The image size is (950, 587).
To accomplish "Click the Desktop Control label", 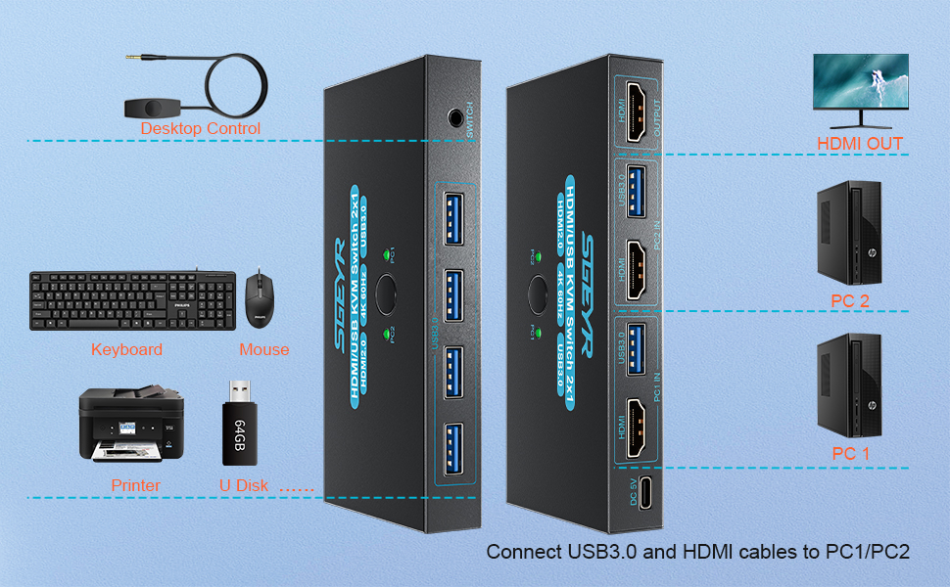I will pos(201,128).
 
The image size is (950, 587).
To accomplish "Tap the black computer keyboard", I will pos(132,300).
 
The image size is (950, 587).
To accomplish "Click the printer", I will pos(127,424).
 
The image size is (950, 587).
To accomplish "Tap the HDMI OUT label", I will pos(860,144).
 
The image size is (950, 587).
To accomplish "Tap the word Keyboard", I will pos(126,349).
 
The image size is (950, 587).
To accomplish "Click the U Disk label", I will pos(245,485).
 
